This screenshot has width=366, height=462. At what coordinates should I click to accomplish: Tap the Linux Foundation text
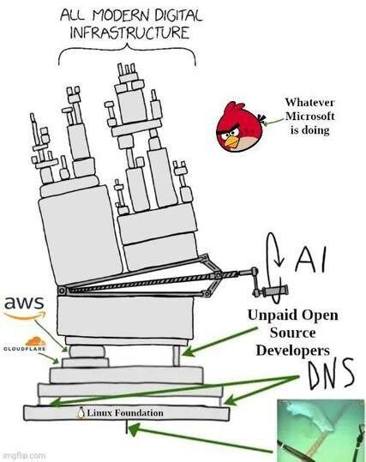124,413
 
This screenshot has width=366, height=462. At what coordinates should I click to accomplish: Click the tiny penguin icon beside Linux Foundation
81,413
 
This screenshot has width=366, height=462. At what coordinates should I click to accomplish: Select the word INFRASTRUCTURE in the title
128,33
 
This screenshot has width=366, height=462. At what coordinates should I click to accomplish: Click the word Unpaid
273,315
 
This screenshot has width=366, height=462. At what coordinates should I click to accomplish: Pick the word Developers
292,351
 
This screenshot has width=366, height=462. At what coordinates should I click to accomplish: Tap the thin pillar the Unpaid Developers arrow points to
175,351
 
